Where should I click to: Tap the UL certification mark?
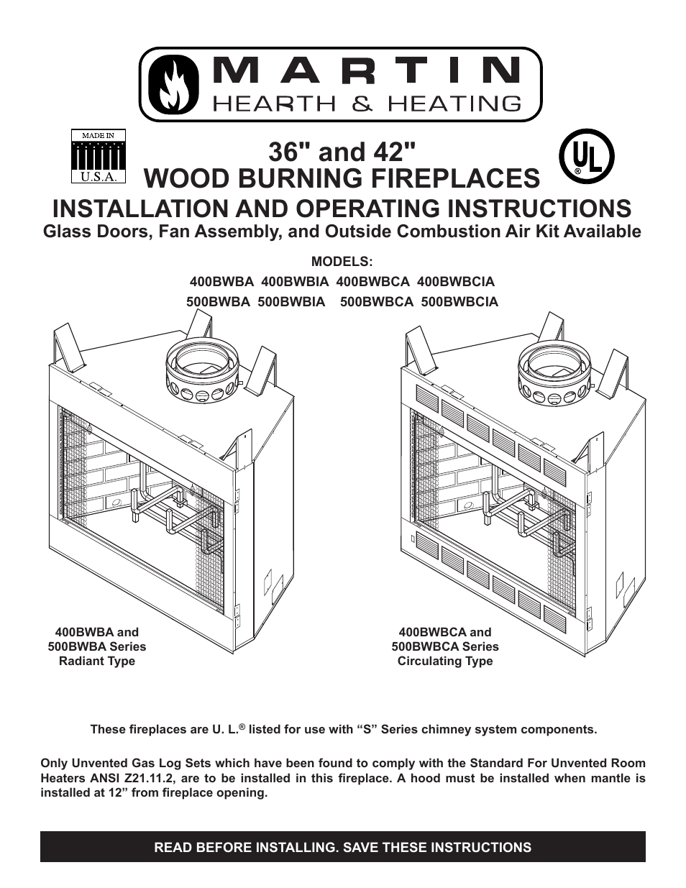click(587, 160)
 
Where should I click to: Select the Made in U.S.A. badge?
click(98, 156)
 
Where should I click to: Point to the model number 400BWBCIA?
click(455, 282)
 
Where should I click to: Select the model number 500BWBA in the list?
click(218, 302)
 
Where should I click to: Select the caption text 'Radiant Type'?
click(97, 661)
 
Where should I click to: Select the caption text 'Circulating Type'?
click(445, 661)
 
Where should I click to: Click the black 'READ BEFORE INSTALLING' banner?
click(343, 847)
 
